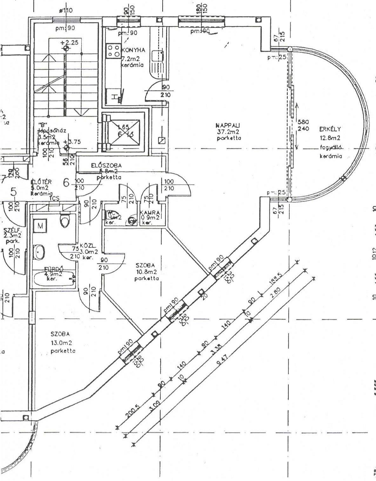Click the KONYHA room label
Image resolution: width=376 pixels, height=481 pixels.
pos(133,50)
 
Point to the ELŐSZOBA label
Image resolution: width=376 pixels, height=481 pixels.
pos(106,165)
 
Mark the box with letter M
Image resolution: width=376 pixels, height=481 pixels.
pos(40,226)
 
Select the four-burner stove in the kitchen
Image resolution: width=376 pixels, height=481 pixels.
pos(113,50)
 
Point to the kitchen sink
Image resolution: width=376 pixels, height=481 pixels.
pos(158,56)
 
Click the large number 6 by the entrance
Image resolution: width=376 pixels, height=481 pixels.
pos(66,183)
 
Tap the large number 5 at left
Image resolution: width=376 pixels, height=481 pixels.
pos(14,191)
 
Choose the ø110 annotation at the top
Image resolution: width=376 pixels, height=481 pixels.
pos(66,10)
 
